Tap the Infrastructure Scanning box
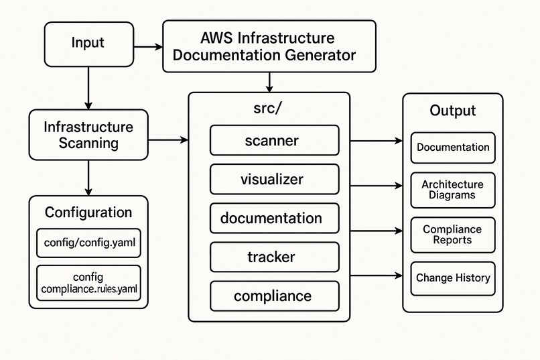[x=88, y=135]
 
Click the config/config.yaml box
[x=88, y=243]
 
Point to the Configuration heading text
[x=88, y=213]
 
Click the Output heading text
[x=452, y=111]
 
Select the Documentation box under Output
[x=452, y=147]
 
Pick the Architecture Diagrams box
[x=452, y=190]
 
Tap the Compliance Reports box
[x=452, y=235]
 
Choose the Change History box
[x=452, y=278]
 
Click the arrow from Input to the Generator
[x=148, y=47]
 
